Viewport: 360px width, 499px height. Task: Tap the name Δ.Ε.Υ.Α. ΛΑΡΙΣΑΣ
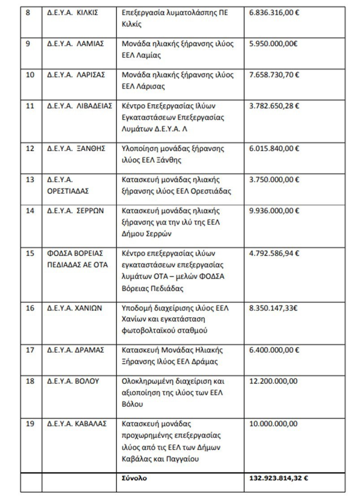click(x=76, y=75)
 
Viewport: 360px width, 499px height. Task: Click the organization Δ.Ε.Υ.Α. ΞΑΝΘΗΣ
click(x=76, y=149)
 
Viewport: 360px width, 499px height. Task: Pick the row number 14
click(x=30, y=210)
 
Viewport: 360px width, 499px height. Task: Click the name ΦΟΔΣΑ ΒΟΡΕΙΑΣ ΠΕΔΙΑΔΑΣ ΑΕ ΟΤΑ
click(x=78, y=258)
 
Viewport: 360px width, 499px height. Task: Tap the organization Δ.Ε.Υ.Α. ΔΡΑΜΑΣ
click(x=76, y=350)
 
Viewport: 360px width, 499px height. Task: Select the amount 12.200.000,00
click(x=273, y=381)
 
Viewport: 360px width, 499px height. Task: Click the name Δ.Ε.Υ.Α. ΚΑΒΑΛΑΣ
click(x=77, y=423)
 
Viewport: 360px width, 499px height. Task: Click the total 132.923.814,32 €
click(x=278, y=478)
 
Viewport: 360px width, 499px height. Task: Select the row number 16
click(x=30, y=308)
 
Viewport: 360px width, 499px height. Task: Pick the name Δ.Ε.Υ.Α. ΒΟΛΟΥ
click(x=73, y=381)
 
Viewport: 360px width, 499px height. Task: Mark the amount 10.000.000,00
click(x=273, y=423)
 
